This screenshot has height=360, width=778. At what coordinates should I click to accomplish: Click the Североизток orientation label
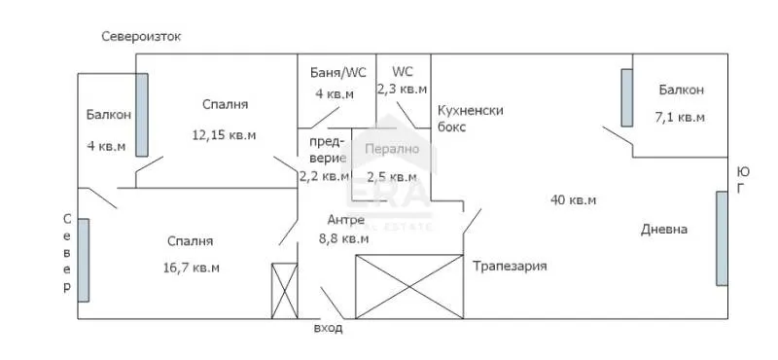(x=142, y=37)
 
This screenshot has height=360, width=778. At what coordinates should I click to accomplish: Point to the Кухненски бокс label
(x=471, y=118)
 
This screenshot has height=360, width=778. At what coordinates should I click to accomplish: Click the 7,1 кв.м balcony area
(x=680, y=117)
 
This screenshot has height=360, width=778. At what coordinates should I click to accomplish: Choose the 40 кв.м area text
(x=573, y=199)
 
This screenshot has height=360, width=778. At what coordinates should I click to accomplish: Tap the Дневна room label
(x=664, y=230)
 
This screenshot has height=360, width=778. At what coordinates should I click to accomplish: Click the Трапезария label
(x=510, y=266)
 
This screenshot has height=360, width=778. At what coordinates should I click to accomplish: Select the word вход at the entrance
(x=328, y=329)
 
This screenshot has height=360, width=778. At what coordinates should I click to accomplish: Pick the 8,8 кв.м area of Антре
(x=344, y=237)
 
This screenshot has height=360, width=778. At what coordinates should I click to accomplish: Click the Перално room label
(x=392, y=150)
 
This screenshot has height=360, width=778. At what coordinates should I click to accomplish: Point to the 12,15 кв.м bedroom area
(x=225, y=135)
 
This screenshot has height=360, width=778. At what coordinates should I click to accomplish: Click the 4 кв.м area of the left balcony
(x=106, y=147)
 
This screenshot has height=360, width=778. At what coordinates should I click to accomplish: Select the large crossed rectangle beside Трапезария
(x=409, y=286)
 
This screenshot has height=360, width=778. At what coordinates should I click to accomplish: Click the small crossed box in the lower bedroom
(x=284, y=290)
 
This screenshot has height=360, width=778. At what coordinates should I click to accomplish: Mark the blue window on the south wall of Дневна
(x=721, y=238)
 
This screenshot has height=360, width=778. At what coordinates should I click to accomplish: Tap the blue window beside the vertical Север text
(x=85, y=260)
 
